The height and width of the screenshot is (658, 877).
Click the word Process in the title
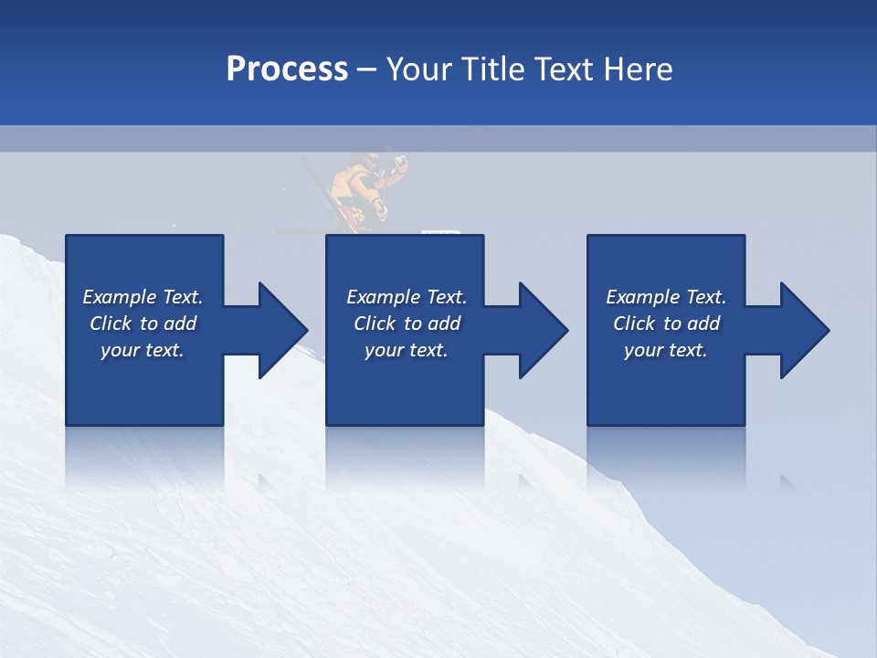pyautogui.click(x=287, y=69)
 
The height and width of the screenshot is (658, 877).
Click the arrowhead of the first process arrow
pyautogui.click(x=282, y=330)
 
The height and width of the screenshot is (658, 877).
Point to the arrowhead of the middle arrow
pyautogui.click(x=543, y=330)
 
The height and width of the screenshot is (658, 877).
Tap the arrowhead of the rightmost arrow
pyautogui.click(x=804, y=330)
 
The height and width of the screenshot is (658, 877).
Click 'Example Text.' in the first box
pyautogui.click(x=143, y=297)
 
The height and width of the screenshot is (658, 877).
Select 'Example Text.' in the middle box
pyautogui.click(x=407, y=297)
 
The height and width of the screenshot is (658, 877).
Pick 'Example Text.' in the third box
pyautogui.click(x=666, y=297)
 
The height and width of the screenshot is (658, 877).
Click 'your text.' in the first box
pyautogui.click(x=143, y=350)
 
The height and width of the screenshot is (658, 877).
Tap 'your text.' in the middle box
pyautogui.click(x=407, y=350)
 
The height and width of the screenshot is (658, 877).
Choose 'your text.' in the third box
pyautogui.click(x=666, y=350)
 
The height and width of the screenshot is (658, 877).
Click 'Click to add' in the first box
pyautogui.click(x=143, y=324)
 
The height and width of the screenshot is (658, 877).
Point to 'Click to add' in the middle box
pyautogui.click(x=407, y=324)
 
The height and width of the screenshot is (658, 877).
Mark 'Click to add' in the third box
pyautogui.click(x=666, y=324)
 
